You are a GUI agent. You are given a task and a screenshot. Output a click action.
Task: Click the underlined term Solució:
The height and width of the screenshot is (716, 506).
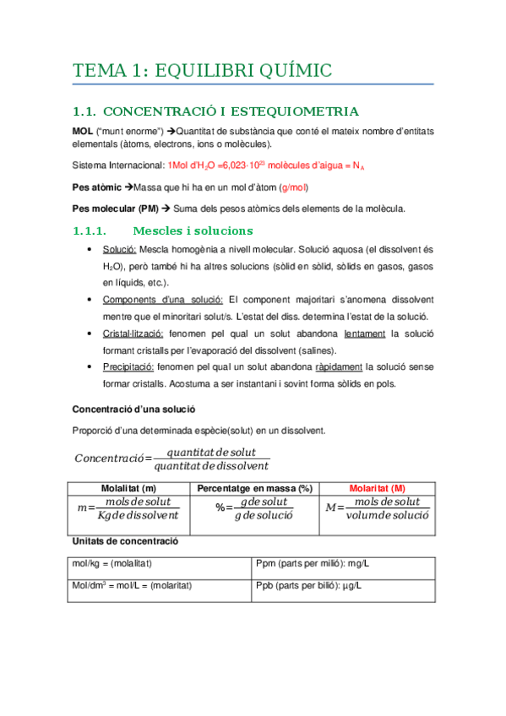click(x=118, y=250)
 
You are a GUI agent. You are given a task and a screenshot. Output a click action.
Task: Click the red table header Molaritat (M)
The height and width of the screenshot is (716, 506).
click(x=377, y=489)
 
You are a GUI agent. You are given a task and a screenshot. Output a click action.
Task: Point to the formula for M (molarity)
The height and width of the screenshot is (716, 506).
click(x=377, y=509)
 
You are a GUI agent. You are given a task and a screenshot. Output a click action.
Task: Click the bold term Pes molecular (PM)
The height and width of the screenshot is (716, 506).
click(x=114, y=208)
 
